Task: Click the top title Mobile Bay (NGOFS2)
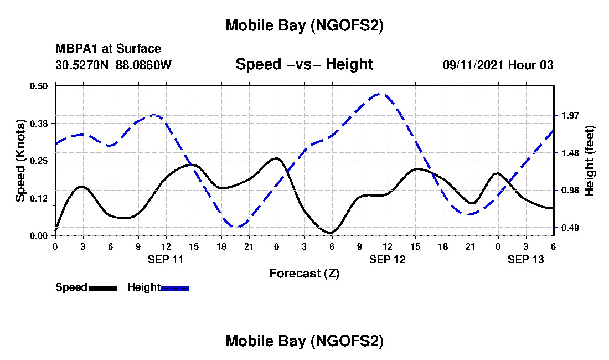coord(304,26)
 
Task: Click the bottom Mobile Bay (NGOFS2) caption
coord(304,342)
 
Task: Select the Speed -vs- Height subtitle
coord(304,65)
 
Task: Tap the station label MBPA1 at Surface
coord(108,49)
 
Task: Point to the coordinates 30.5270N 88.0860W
coord(113,65)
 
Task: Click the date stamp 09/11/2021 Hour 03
coord(498,65)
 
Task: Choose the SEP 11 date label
coord(166,259)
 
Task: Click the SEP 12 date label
coord(387,259)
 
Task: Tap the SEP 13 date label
coord(525,259)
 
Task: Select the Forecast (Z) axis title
coord(304,273)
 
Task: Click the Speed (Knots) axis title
coord(20,161)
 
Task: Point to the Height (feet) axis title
coord(590,161)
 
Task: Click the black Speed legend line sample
coord(103,288)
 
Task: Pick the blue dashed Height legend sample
coord(175,288)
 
